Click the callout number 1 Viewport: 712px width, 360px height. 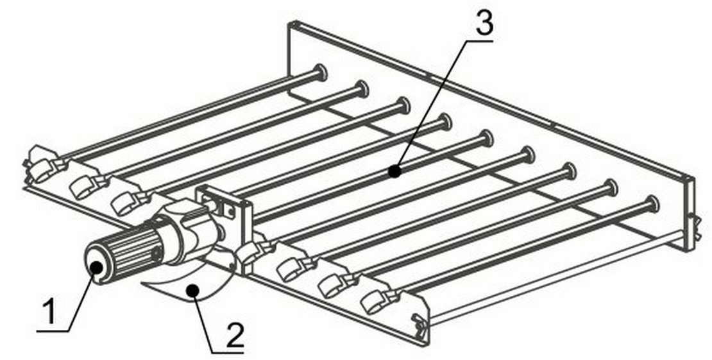(x=50, y=312)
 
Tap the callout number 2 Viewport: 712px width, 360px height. (x=234, y=336)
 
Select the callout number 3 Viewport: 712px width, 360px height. (x=484, y=22)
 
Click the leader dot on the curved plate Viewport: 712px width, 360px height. (x=194, y=289)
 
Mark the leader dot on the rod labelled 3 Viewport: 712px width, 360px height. (x=395, y=172)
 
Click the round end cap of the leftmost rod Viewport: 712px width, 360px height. (x=320, y=73)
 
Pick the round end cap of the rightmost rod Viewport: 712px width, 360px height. (x=652, y=204)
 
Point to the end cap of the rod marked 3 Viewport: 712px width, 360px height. (x=486, y=138)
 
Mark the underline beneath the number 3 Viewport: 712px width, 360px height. (x=479, y=41)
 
